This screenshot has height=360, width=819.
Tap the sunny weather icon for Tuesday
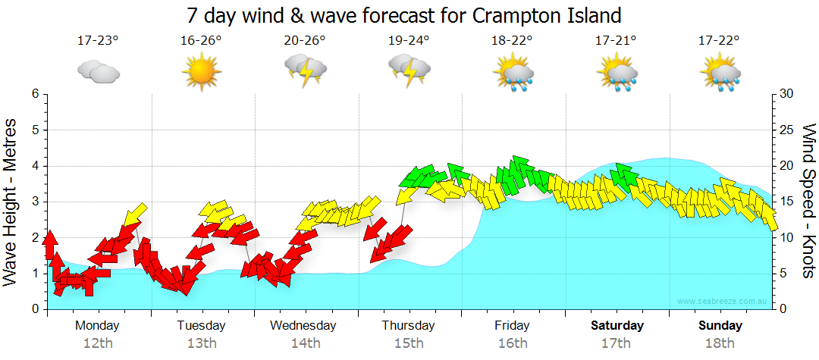201,72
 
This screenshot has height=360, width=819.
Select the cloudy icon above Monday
98,72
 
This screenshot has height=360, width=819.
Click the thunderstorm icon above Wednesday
305,72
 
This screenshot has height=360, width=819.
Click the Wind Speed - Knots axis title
808,201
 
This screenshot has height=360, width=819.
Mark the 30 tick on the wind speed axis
787,94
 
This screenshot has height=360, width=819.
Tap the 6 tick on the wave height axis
35,94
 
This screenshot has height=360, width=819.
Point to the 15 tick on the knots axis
787,202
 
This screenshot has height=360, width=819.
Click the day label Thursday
408,326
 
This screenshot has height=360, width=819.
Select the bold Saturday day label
617,326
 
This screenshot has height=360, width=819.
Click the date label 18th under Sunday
720,343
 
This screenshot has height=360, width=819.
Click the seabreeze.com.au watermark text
723,302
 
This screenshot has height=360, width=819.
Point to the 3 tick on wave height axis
35,202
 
